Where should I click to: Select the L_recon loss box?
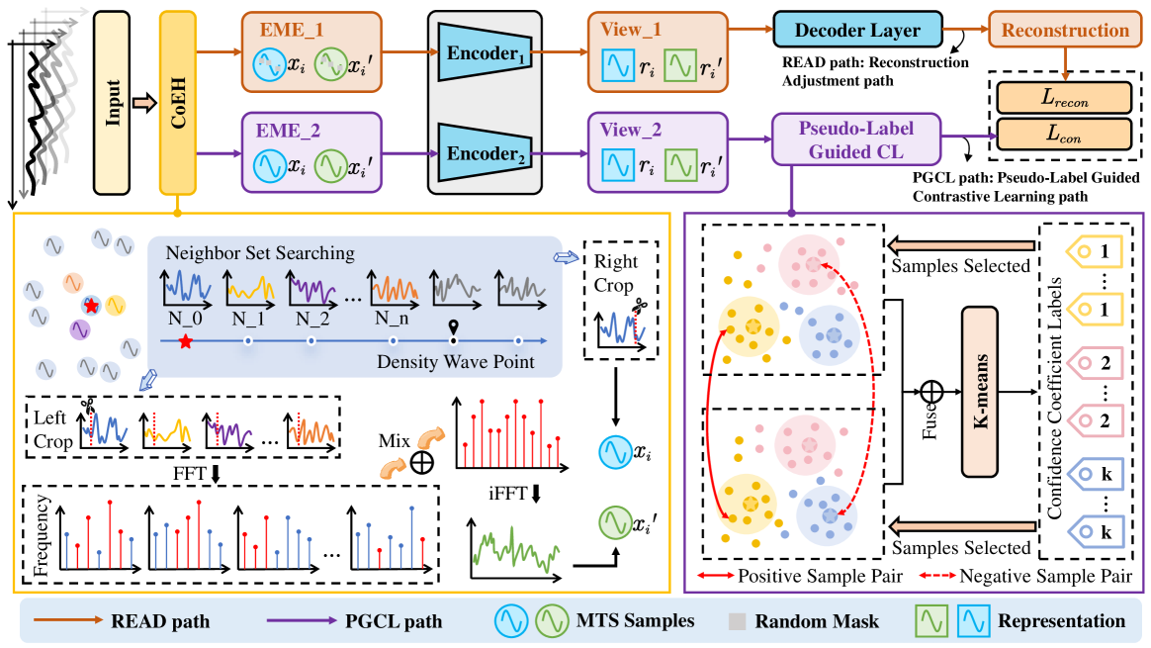pyautogui.click(x=1063, y=98)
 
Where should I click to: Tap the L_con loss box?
pyautogui.click(x=1063, y=133)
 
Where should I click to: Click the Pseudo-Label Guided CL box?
pyautogui.click(x=854, y=140)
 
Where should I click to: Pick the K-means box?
pyautogui.click(x=990, y=378)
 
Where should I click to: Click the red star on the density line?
pyautogui.click(x=185, y=342)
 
